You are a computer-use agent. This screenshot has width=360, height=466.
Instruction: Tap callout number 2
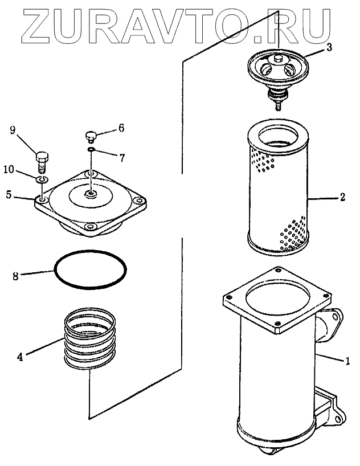[342, 198]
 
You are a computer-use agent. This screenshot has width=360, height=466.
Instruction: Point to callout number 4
[20, 357]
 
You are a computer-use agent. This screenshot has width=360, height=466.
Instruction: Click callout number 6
[121, 129]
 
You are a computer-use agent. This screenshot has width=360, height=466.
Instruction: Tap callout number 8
[17, 276]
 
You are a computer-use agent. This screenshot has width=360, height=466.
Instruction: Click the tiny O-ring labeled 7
[91, 150]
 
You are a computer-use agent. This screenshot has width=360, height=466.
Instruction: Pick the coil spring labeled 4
[90, 339]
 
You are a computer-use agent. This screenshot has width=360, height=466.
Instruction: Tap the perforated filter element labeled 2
[277, 191]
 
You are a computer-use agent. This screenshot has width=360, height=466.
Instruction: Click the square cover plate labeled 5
[91, 202]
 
